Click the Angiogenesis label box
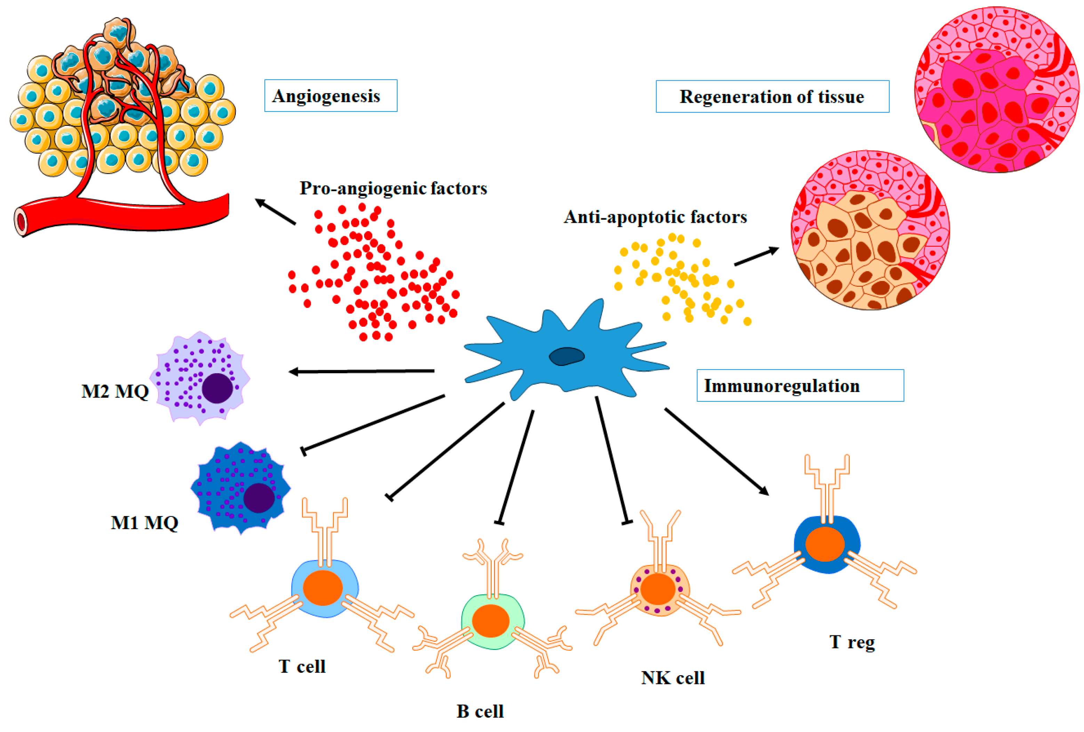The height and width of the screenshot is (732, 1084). [330, 96]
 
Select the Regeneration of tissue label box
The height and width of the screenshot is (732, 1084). [772, 97]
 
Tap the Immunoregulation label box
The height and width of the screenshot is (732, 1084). [800, 385]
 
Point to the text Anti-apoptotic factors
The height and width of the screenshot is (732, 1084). [655, 217]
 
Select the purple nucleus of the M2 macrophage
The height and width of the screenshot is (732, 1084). [217, 388]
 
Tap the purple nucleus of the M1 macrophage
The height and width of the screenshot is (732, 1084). [258, 498]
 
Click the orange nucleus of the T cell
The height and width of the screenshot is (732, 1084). [322, 587]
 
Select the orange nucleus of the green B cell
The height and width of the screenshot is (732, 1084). [490, 620]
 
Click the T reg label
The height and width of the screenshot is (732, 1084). [852, 642]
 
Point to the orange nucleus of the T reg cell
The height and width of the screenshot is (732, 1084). [825, 544]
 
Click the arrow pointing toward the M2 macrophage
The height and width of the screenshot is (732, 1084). [361, 372]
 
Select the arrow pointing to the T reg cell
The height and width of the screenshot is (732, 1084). [716, 451]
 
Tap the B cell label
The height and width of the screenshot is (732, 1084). [480, 711]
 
